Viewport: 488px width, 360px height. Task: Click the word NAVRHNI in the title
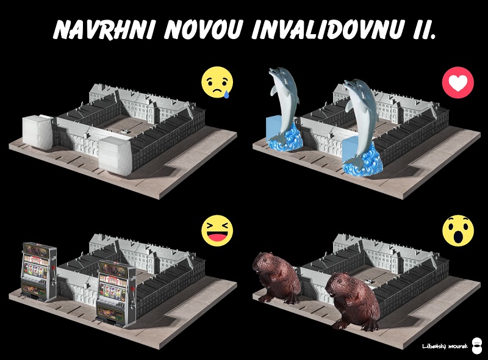click(105, 29)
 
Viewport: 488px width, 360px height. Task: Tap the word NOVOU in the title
click(203, 29)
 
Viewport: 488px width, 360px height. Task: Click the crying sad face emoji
click(217, 82)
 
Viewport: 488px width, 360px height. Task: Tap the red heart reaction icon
click(458, 83)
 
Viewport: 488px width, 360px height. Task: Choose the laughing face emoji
click(217, 231)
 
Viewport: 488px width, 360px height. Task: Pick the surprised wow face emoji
click(458, 231)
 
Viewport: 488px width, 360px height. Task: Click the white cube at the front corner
click(115, 156)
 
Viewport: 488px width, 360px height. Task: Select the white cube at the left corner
click(37, 131)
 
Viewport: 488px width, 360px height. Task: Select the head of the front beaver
click(339, 284)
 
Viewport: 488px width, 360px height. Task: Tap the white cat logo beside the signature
click(477, 346)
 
